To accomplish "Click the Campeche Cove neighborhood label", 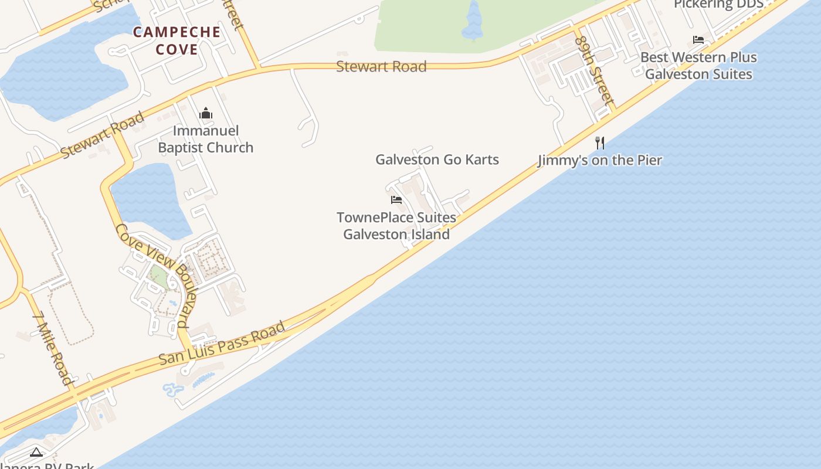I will click(177, 40).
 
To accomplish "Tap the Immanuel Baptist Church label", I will click(206, 139).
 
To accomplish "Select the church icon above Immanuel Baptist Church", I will click(206, 113).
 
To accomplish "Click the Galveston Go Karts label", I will click(437, 159).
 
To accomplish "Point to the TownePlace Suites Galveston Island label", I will click(396, 226).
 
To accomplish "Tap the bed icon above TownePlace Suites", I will click(396, 200).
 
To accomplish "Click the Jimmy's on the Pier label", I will click(600, 160).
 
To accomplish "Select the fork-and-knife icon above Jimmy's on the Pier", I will click(600, 142).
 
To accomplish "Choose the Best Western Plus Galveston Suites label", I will click(698, 66).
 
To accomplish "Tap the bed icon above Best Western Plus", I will click(698, 40).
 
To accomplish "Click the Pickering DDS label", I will click(718, 5).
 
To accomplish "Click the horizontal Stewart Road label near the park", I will click(381, 66).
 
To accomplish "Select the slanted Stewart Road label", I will click(103, 135).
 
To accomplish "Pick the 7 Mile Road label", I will click(53, 349).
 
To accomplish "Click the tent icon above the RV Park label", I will click(36, 452).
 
